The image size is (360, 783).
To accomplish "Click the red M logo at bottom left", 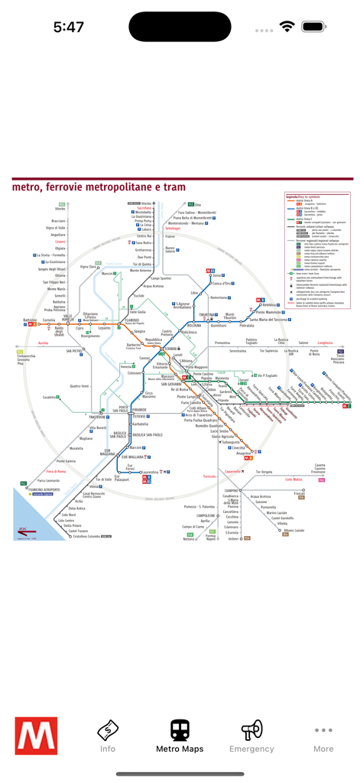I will (36, 736).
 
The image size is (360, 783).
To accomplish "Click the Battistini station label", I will (30, 320).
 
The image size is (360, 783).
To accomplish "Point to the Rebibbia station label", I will (271, 304).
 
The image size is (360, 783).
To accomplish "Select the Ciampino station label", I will (232, 490).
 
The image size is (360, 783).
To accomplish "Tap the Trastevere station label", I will (96, 417).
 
